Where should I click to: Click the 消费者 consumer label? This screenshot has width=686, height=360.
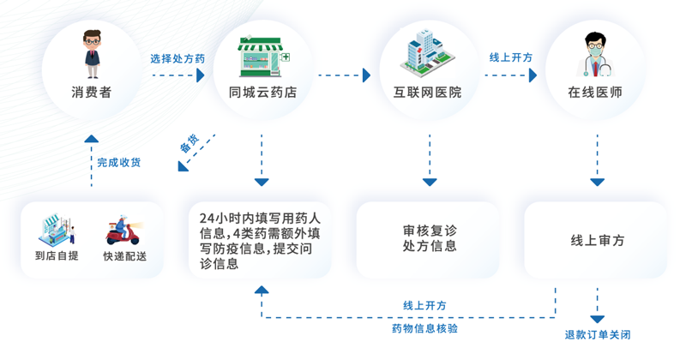tap(92, 92)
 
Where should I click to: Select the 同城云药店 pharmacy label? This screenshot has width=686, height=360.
tap(262, 92)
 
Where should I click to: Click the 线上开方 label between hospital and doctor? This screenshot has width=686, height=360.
tap(511, 57)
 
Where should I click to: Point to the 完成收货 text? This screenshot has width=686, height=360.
tap(119, 162)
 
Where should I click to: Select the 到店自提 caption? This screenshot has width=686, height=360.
tap(57, 256)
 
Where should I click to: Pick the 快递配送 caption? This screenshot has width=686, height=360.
tap(125, 256)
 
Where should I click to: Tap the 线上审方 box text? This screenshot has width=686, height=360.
tap(598, 241)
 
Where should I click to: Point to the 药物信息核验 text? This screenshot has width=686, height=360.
tap(424, 328)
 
